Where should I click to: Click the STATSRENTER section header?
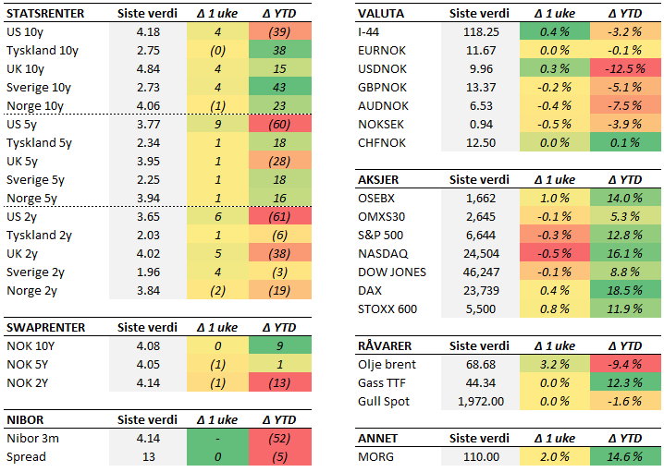click(44, 14)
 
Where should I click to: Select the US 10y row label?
click(26, 31)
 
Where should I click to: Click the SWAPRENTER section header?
click(46, 328)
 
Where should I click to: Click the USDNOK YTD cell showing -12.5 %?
click(626, 68)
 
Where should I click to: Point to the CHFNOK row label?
click(383, 142)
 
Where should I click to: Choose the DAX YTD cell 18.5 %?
click(626, 290)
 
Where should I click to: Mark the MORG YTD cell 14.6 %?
click(626, 457)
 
